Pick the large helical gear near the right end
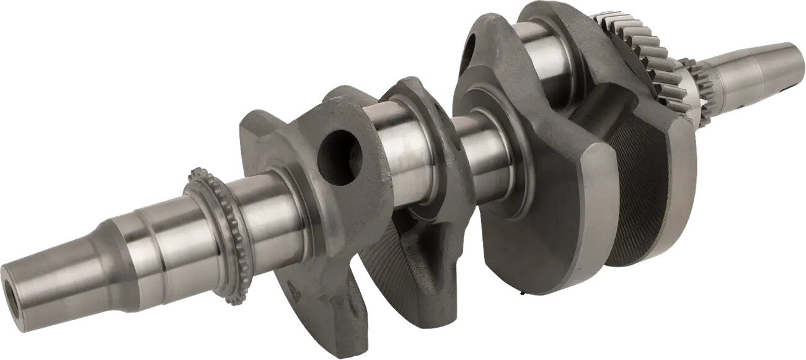tap(639, 56)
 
